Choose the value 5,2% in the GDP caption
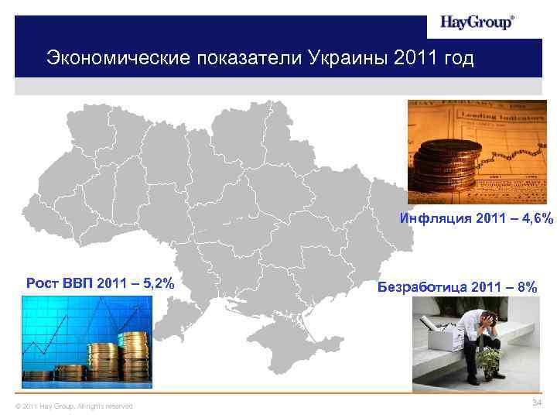coord(153,283)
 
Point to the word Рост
coord(43,283)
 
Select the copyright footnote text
coord(74,406)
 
